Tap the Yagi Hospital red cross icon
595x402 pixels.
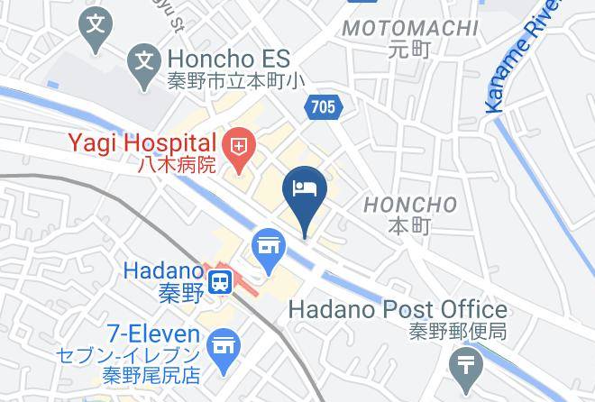[x=240, y=143]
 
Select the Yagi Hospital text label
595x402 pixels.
[x=140, y=143]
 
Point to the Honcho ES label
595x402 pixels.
[x=228, y=59]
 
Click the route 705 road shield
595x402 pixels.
[x=324, y=107]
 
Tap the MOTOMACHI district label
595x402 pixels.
[x=410, y=28]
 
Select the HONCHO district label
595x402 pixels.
[x=410, y=205]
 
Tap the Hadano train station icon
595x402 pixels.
[x=219, y=283]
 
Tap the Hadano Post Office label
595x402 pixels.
[x=397, y=309]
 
